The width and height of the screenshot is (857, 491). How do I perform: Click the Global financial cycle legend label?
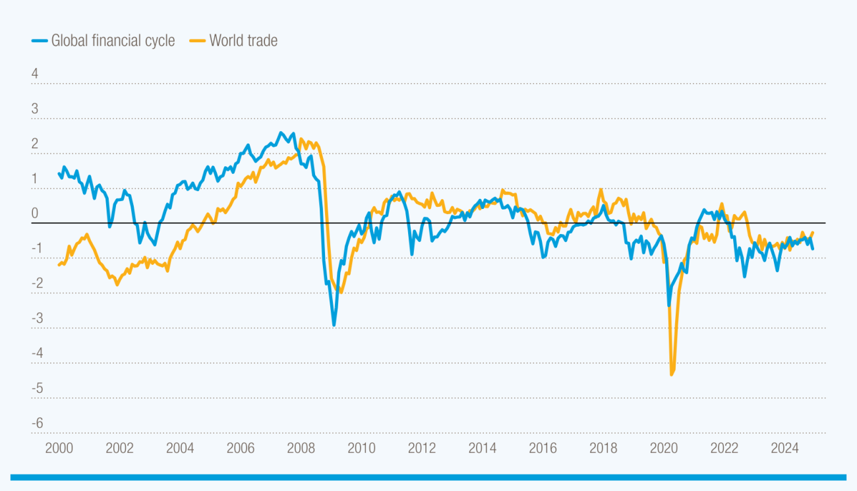coord(113,41)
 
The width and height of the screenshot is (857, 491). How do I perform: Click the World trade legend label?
coord(243,41)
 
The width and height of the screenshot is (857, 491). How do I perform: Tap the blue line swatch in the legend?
coord(40,41)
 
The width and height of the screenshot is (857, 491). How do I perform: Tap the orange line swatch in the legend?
coord(198,41)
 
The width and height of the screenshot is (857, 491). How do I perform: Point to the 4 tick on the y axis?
coord(35,74)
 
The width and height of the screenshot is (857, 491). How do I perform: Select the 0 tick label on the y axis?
coord(35,214)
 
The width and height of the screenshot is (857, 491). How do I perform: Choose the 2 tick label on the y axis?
coord(35,144)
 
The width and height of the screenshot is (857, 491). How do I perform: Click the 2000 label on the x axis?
coord(59,449)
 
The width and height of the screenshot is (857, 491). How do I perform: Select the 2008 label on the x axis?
coord(301,449)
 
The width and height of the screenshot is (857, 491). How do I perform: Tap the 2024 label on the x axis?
coord(784,449)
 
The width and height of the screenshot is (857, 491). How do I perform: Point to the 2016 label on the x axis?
coord(543,449)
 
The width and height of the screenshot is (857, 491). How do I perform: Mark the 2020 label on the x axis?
coord(664,449)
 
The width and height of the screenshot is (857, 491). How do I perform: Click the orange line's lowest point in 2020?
coord(672,374)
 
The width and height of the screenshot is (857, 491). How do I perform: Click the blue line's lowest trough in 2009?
coord(334,325)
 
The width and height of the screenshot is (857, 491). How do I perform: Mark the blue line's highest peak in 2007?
coord(281,132)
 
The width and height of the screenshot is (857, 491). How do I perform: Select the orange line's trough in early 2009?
coord(341,292)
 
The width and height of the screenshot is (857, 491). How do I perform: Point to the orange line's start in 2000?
coord(59,265)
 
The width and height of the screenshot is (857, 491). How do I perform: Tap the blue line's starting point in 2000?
coord(59,173)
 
